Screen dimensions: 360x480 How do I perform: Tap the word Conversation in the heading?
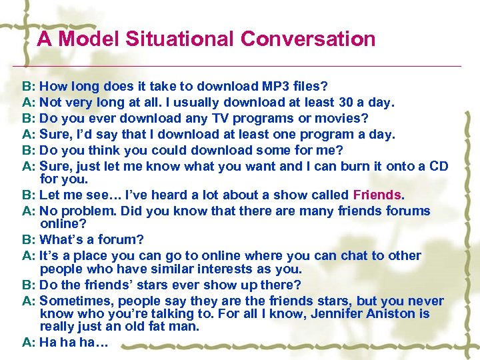308,39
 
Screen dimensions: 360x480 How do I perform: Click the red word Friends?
377,195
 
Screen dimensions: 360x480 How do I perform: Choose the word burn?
357,166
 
